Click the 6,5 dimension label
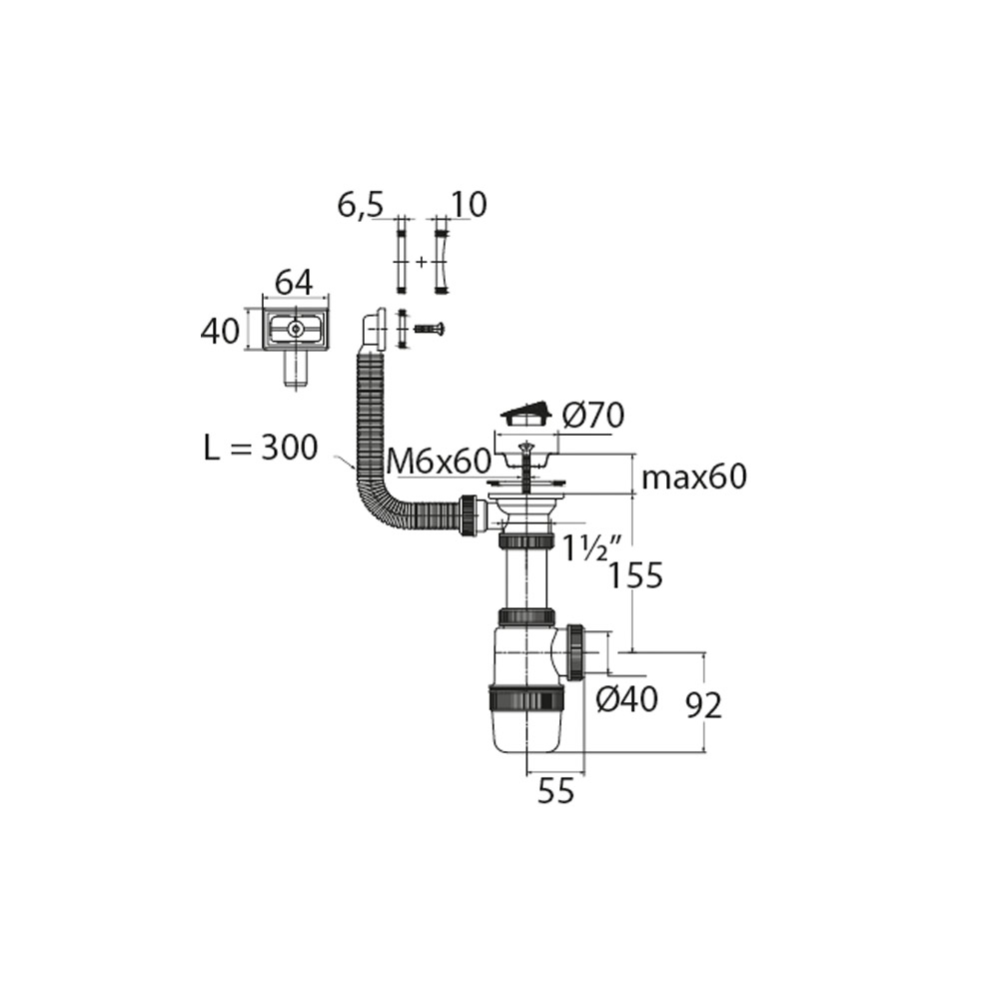pos(361,206)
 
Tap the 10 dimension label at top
pos(469,205)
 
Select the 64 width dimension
pos(295,283)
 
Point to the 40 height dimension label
pos(220,332)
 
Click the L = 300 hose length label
pos(261,448)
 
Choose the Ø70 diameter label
pos(593,416)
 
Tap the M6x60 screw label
pos(439,462)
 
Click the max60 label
pos(694,477)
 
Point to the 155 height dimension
pos(635,576)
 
